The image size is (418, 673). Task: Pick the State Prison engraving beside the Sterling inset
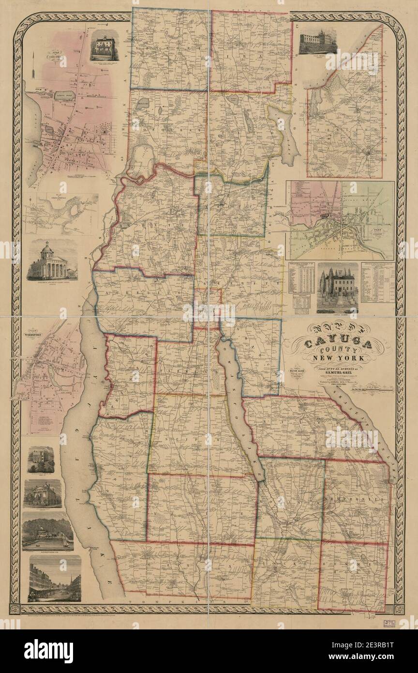[317, 42]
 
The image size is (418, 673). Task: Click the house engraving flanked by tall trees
[337, 287]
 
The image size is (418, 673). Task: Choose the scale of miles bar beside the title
[377, 385]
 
